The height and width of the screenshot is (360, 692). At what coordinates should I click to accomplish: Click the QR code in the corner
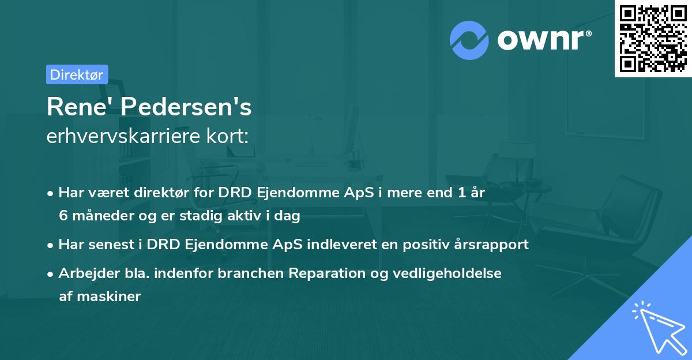click(x=653, y=39)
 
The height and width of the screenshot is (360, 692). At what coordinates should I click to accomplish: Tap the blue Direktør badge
click(x=77, y=74)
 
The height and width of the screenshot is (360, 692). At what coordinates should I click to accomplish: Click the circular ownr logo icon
click(x=468, y=40)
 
